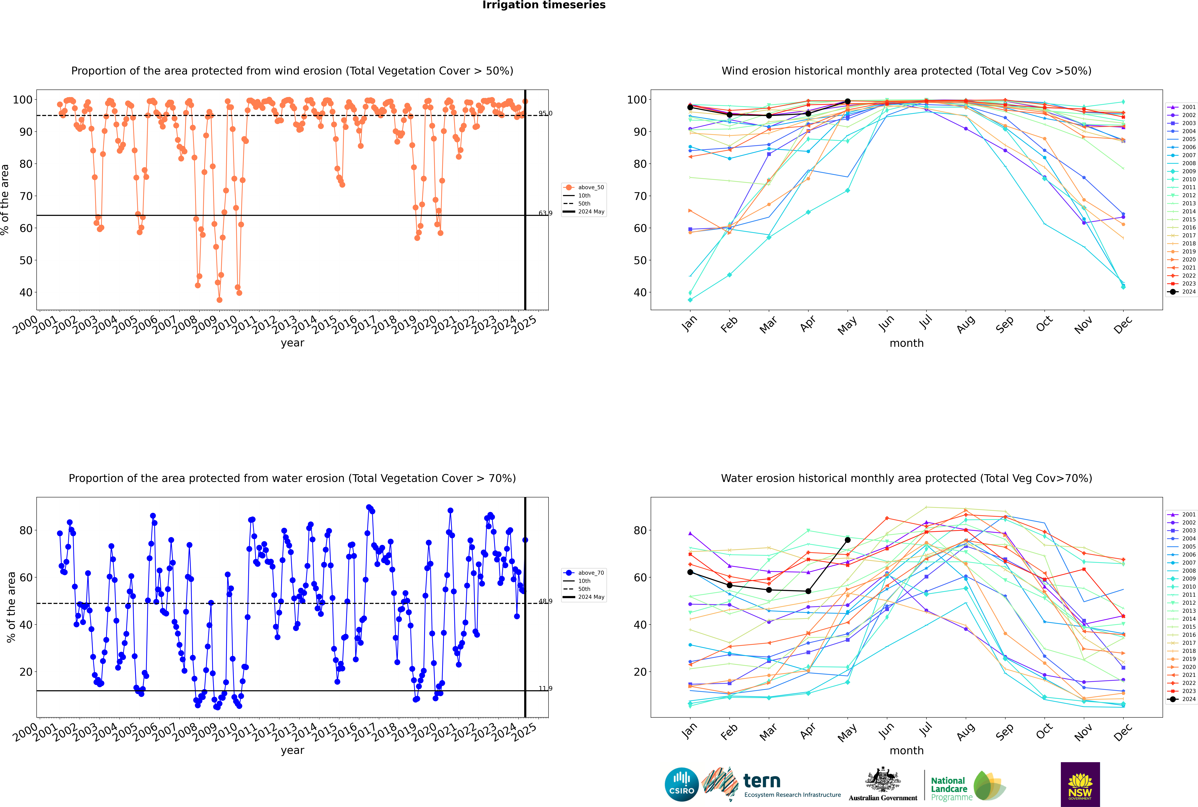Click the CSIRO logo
pos(681,784)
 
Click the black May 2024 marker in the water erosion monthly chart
pos(847,540)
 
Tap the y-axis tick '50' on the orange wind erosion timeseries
pos(26,260)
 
